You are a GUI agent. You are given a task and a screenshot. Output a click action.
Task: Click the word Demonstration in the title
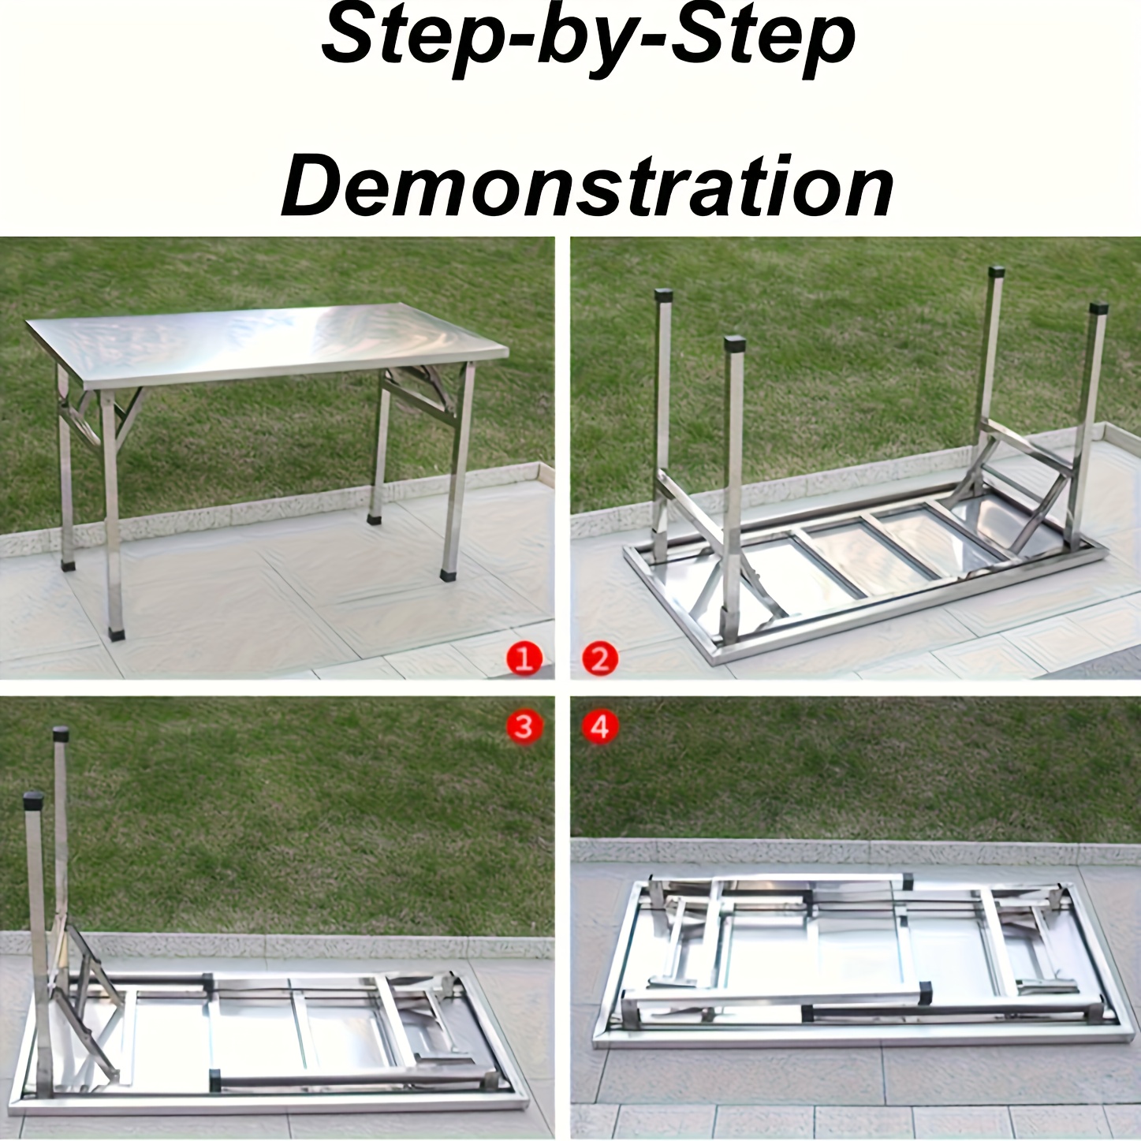pos(587,186)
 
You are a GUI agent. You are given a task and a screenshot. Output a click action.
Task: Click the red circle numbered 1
pos(524,660)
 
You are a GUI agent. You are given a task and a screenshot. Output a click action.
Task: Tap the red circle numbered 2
pos(600,660)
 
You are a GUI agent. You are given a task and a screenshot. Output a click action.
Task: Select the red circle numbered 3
pos(524,726)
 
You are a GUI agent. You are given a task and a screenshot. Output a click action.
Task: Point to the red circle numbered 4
pos(600,726)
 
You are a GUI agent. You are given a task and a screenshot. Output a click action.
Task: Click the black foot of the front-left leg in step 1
pos(117,633)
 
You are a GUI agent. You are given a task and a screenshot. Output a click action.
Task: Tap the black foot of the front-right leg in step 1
pos(448,574)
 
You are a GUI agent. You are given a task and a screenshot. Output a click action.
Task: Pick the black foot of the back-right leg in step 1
pos(375,519)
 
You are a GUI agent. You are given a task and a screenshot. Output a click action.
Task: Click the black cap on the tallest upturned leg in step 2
pos(996,273)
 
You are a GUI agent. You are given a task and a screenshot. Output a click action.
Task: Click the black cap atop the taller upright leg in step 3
pos(61,734)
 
